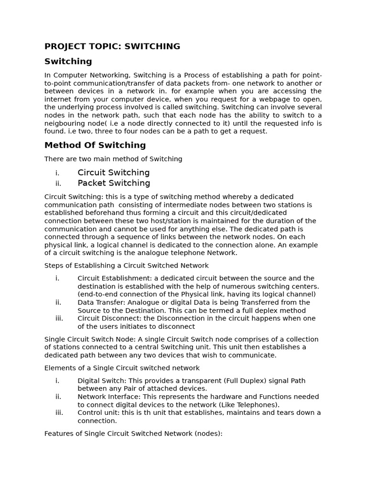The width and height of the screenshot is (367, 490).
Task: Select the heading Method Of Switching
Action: point(95,145)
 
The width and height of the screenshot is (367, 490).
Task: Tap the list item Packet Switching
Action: point(114,183)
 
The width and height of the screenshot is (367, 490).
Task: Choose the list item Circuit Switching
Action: point(114,172)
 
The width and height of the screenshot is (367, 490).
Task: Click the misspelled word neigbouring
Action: point(65,123)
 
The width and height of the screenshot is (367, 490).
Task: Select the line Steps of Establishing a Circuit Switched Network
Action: point(127,266)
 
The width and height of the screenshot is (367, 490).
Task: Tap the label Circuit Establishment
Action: point(111,278)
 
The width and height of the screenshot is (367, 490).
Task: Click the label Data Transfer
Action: point(97,302)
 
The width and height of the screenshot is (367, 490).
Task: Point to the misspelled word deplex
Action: point(268,310)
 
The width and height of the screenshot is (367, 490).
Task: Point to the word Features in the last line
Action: point(59,434)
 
